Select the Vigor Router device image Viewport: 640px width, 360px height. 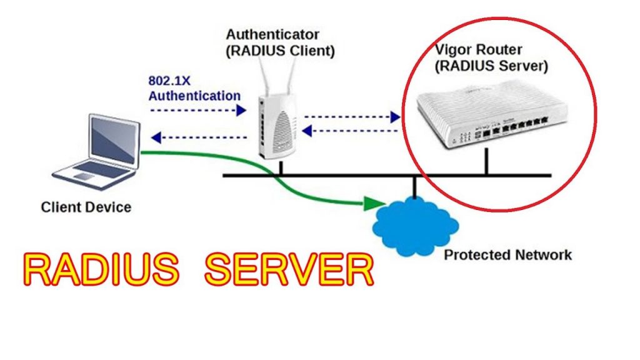(x=481, y=119)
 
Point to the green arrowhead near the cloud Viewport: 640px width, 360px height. (x=374, y=204)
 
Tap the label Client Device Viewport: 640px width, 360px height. (x=86, y=207)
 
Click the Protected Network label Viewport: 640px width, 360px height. (x=507, y=255)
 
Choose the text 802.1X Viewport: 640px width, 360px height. (x=169, y=81)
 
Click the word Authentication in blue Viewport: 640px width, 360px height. (x=194, y=96)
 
